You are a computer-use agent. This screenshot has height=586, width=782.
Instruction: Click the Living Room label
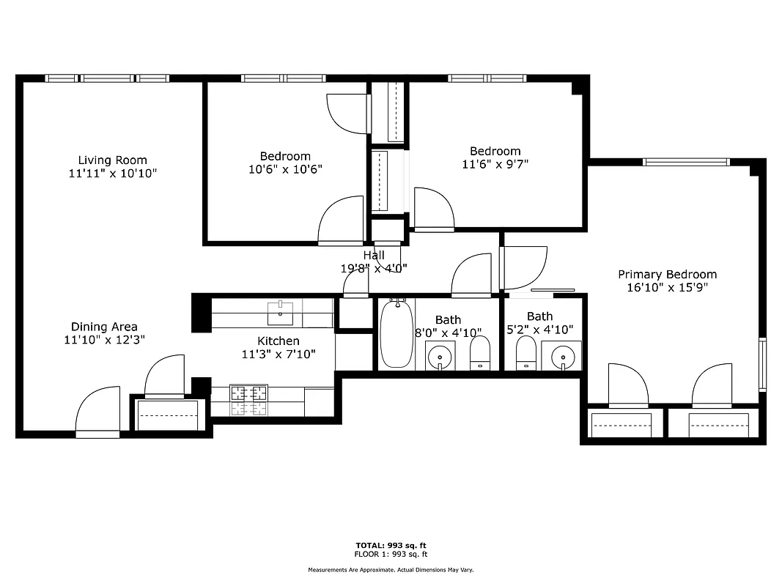click(112, 160)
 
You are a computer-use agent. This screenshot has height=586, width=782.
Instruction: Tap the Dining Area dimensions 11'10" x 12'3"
click(103, 340)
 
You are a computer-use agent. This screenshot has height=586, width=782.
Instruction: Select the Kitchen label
click(278, 341)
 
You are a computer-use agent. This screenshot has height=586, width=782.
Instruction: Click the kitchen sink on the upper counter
click(280, 313)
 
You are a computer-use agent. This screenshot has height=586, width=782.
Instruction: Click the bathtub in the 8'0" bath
click(396, 334)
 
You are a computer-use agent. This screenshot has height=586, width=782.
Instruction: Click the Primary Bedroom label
click(667, 274)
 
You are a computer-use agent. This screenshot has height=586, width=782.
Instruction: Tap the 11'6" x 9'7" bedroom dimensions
click(495, 165)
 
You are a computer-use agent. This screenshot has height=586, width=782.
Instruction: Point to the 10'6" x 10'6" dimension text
click(285, 169)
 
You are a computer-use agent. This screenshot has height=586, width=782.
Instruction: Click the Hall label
click(374, 255)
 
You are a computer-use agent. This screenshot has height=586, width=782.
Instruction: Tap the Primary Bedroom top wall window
click(686, 162)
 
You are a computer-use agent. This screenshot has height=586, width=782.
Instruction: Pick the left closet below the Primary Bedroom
click(621, 424)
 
